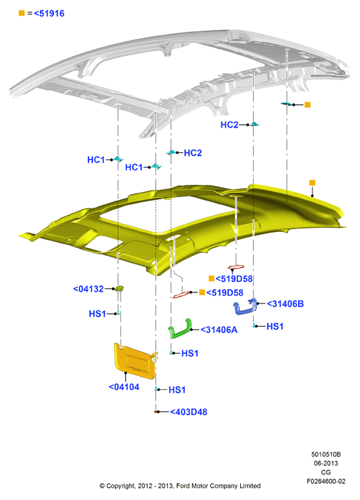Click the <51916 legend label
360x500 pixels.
(49, 14)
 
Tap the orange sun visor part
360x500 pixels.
(135, 361)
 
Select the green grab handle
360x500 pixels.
(180, 328)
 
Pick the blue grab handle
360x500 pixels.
(245, 307)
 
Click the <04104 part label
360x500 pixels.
(124, 387)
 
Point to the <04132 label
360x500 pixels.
(89, 289)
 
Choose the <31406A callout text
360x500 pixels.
(219, 329)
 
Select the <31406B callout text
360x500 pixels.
(285, 303)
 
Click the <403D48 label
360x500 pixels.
(188, 412)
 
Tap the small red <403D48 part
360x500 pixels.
(156, 411)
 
